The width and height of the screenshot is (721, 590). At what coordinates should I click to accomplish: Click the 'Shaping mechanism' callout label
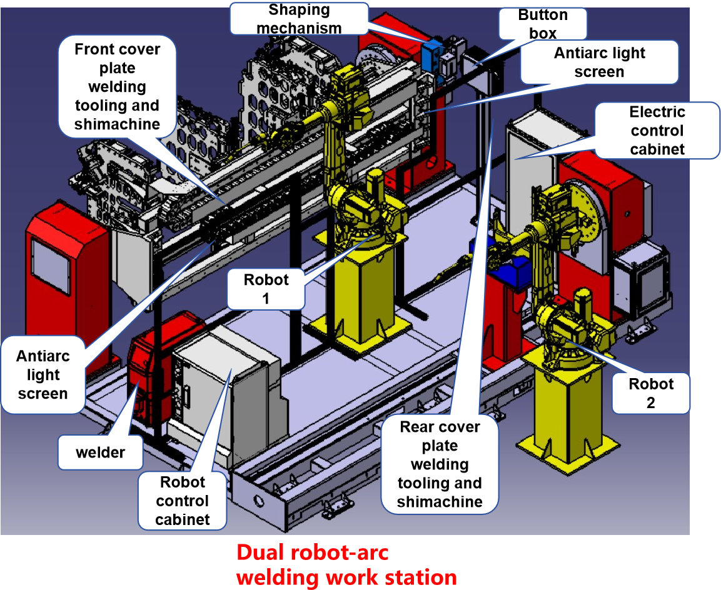pos(299,19)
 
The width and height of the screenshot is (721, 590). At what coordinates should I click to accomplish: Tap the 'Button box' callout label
pos(543,24)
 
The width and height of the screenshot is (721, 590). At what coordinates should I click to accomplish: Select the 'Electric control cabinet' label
pos(657,131)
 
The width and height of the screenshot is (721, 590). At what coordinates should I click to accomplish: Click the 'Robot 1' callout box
pos(266,289)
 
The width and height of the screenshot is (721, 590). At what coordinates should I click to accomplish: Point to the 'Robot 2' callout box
pos(650,393)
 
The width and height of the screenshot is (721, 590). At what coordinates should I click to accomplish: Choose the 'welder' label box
pos(100,452)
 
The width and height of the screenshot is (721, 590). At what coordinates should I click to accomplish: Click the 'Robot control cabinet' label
pos(182,500)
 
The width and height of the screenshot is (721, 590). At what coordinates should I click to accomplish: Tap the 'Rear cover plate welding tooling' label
pos(440,464)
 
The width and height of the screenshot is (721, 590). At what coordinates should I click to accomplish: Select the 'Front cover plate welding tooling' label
pos(117,86)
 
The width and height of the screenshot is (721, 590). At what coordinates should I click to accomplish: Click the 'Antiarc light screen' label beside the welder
pos(43,375)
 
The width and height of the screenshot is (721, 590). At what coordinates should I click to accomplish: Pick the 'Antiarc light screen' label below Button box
pos(599,62)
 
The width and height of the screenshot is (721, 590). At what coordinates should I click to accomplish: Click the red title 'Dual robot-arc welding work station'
pos(346,565)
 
